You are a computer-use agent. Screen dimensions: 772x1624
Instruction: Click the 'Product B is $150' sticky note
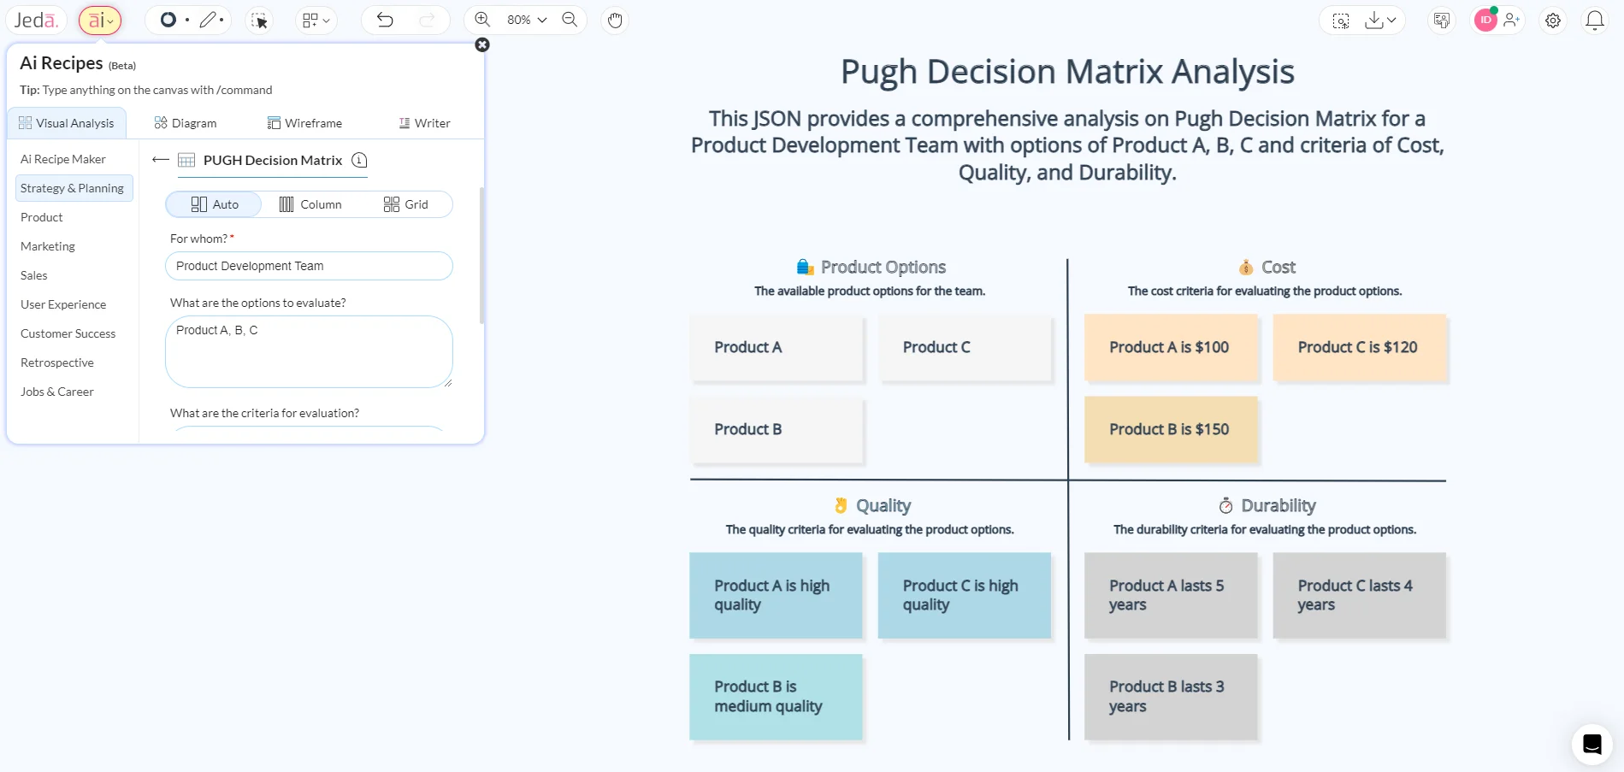pos(1170,429)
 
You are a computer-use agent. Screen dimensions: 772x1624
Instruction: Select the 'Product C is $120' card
pos(1358,347)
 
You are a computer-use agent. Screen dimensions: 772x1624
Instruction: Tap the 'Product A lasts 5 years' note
pos(1170,595)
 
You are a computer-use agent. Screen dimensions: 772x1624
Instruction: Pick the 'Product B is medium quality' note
pos(775,697)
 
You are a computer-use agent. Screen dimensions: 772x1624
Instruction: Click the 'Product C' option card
pos(964,347)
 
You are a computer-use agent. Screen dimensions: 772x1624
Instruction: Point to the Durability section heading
pos(1278,505)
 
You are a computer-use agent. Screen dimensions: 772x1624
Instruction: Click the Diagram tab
pos(186,123)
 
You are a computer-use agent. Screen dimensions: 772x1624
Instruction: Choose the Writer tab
pos(424,123)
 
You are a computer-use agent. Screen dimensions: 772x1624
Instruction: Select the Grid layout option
pos(406,204)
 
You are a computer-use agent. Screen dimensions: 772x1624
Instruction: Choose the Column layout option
pos(310,204)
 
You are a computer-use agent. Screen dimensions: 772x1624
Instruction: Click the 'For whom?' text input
pos(309,266)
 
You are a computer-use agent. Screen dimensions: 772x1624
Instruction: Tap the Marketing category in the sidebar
pos(48,246)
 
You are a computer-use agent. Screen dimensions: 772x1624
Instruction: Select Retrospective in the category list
pos(57,362)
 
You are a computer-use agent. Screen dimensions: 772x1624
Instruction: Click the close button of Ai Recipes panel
pos(482,44)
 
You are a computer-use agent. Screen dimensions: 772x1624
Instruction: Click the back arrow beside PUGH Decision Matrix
pos(160,160)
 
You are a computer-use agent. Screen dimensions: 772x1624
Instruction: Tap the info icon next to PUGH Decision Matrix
pos(359,160)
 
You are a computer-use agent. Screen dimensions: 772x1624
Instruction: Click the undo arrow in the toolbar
pos(385,20)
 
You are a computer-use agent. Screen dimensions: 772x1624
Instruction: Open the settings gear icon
pos(1553,21)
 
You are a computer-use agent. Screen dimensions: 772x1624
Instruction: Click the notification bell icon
pos(1594,21)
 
